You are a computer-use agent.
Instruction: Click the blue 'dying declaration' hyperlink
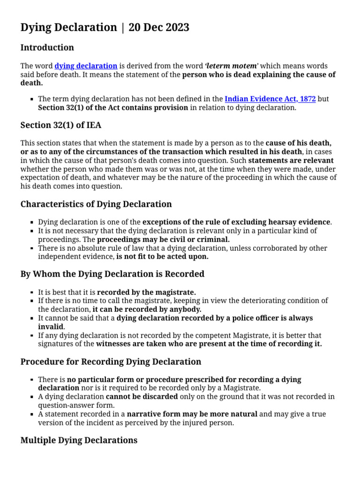coord(86,66)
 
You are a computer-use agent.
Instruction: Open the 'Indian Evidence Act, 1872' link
coord(270,99)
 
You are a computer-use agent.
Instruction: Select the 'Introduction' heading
coord(47,48)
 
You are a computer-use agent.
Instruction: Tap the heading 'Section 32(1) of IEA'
coord(61,125)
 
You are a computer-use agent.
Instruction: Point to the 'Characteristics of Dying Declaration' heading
coord(96,204)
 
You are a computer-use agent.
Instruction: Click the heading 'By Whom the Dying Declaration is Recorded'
coord(112,274)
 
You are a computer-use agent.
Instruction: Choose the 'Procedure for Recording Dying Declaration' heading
coord(111,362)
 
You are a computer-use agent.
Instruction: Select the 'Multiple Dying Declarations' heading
coord(79,440)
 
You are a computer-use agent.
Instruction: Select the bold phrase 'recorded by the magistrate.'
coord(146,292)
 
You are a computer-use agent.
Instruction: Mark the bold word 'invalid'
coord(51,327)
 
